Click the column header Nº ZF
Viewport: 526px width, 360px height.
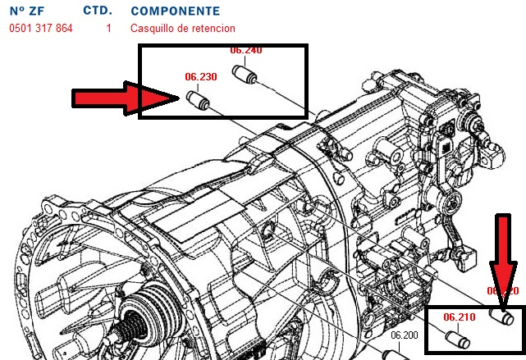(26, 11)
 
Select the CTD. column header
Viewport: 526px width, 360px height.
(98, 11)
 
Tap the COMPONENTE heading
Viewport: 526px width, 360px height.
(175, 11)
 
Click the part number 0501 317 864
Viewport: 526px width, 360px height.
(41, 28)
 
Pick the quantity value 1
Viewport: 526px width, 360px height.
(108, 28)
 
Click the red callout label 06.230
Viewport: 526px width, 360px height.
(201, 77)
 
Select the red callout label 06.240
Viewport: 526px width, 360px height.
(246, 50)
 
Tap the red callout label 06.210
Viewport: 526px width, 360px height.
(460, 316)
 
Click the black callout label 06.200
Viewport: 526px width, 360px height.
(405, 335)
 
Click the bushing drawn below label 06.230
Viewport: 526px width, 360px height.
(198, 102)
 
